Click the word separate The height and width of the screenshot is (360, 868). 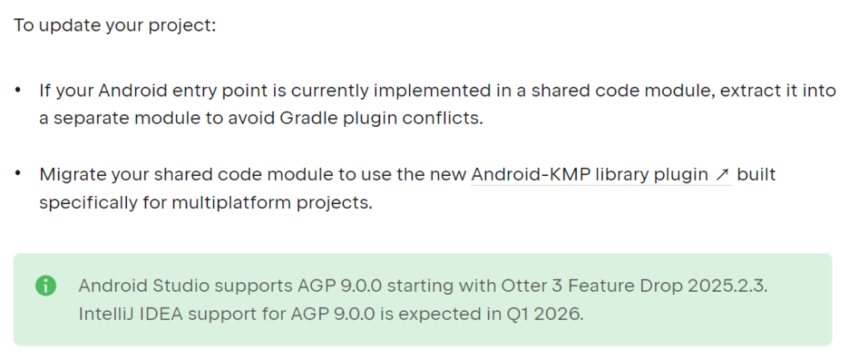(87, 118)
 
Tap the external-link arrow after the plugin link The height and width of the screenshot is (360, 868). (723, 175)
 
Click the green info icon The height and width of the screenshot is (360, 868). (47, 286)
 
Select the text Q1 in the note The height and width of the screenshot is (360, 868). (508, 313)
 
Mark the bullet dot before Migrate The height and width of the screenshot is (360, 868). (18, 174)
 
